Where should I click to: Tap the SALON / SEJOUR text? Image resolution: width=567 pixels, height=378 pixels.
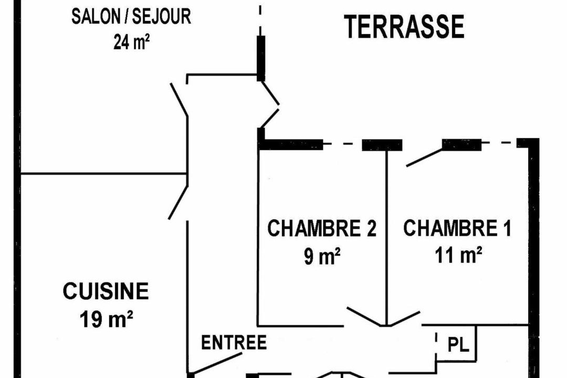click(131, 16)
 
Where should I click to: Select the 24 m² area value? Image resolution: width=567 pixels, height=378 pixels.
click(131, 42)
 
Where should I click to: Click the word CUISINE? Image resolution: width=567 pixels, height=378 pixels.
click(106, 291)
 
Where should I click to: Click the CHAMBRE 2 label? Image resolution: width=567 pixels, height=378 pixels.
click(322, 229)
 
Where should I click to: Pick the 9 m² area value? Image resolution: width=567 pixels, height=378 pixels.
click(322, 257)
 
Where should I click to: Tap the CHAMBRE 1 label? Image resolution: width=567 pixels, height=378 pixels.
click(457, 229)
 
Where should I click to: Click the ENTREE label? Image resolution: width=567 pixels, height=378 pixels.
click(234, 343)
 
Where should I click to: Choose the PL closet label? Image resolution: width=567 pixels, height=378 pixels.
click(457, 345)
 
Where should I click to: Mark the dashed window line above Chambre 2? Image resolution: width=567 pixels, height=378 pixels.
click(342, 143)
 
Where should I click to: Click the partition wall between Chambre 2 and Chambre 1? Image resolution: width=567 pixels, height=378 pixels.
click(387, 236)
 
